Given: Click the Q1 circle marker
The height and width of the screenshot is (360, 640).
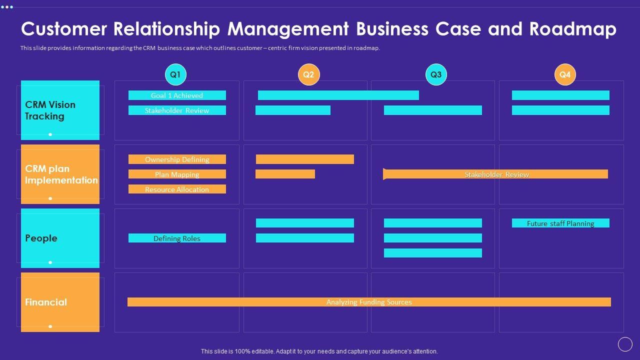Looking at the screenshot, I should click(175, 74).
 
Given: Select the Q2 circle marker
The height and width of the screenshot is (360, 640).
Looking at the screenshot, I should click(308, 74).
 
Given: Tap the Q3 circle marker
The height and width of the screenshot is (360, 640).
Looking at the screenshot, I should click(436, 74).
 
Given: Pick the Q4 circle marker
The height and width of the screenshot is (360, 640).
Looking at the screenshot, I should click(565, 74).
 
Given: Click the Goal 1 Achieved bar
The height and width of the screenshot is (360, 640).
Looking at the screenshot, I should click(177, 95).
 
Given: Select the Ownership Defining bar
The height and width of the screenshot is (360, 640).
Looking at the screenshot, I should click(177, 159).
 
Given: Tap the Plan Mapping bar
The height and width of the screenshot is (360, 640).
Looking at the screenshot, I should click(177, 174).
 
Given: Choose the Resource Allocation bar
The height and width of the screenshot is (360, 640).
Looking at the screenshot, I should click(177, 189).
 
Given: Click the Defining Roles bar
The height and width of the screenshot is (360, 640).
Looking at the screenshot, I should click(177, 238).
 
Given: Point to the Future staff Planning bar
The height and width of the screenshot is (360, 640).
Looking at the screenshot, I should click(560, 223).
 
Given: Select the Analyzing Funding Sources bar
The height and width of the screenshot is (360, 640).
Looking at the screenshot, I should click(369, 302).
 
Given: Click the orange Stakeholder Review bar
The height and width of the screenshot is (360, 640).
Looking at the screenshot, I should click(496, 174).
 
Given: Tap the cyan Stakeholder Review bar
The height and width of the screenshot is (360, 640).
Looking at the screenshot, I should click(177, 110).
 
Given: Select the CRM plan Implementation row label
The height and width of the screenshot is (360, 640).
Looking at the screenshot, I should click(60, 174).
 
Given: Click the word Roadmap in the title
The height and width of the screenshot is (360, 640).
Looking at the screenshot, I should click(572, 29).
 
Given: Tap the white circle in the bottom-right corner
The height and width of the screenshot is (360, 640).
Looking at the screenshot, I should click(625, 344).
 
